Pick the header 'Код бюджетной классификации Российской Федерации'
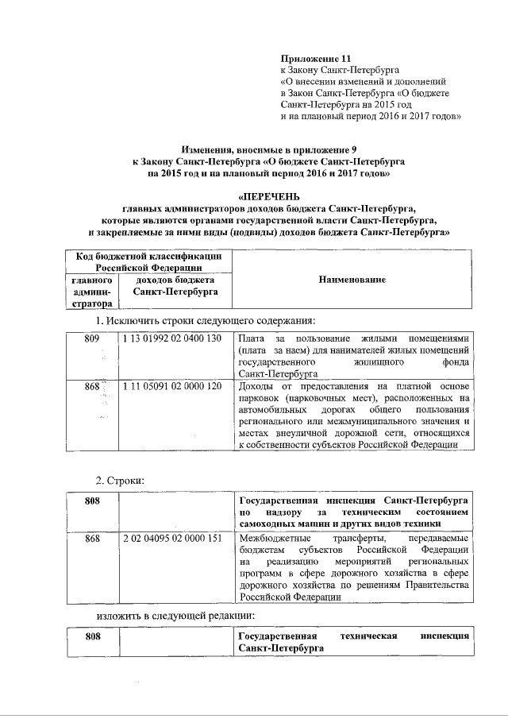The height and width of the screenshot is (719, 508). click(148, 262)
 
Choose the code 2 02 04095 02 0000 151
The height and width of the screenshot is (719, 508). click(172, 539)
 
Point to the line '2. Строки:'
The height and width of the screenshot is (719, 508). click(120, 481)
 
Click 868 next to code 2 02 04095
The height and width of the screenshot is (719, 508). click(93, 539)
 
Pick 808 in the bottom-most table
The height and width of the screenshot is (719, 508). click(93, 638)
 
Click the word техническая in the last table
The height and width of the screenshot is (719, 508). click(370, 638)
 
